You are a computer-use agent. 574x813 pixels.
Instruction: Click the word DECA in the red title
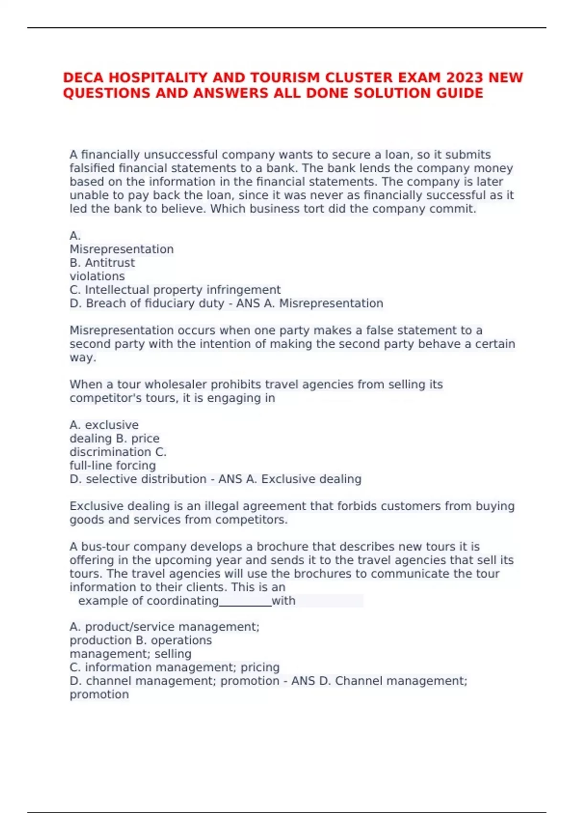pyautogui.click(x=80, y=77)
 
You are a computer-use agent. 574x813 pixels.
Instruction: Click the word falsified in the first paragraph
pyautogui.click(x=92, y=168)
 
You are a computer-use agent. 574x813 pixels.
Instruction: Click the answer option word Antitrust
pyautogui.click(x=110, y=263)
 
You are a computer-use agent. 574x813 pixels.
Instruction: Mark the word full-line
pyautogui.click(x=90, y=465)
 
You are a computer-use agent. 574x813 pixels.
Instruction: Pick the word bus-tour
pyautogui.click(x=104, y=547)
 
